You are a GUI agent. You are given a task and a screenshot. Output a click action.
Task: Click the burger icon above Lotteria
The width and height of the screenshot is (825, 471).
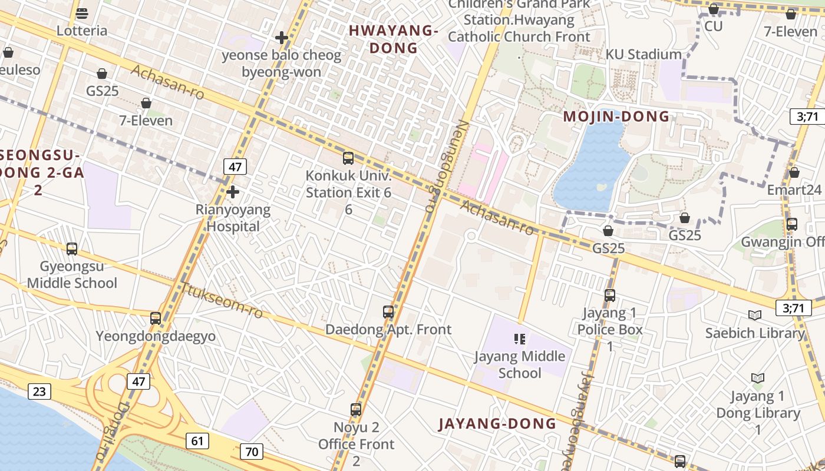tap(82, 13)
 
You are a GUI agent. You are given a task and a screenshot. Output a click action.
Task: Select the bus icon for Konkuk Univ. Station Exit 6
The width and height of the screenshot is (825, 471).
tap(348, 158)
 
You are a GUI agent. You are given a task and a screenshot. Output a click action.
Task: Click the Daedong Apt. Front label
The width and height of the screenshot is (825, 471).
tap(388, 329)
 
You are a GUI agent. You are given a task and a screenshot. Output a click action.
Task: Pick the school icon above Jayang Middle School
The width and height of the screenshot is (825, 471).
tap(520, 339)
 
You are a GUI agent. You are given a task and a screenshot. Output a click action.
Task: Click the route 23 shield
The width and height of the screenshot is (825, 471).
tap(39, 391)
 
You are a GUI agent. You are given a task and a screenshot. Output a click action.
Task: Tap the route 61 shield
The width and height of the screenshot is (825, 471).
tap(197, 440)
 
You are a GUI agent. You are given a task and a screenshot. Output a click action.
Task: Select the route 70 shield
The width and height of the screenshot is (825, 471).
tap(252, 452)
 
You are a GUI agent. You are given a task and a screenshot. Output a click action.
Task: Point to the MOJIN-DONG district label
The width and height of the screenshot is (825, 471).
tap(616, 116)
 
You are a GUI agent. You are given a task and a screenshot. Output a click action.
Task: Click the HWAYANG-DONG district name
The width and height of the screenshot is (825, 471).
tap(394, 39)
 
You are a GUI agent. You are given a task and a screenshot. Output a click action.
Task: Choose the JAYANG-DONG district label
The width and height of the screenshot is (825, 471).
tap(497, 423)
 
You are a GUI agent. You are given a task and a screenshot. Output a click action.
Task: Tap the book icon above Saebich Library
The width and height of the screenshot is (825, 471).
tap(754, 315)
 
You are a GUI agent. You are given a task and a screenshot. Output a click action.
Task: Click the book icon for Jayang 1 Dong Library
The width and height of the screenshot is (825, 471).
tap(758, 378)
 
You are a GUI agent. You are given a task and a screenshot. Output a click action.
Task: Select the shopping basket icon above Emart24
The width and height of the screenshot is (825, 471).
tap(794, 173)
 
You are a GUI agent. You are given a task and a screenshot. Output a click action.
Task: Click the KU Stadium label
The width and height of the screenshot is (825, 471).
tap(643, 55)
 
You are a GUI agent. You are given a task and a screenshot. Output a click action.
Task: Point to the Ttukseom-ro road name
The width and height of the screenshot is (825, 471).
tap(222, 300)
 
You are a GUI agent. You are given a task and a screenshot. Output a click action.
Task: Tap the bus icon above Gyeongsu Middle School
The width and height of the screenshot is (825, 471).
tap(72, 248)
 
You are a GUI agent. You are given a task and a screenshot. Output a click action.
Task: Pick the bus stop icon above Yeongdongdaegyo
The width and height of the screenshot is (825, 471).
tap(156, 318)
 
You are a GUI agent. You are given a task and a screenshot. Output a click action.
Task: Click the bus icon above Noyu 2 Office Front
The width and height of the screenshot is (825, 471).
tap(356, 409)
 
